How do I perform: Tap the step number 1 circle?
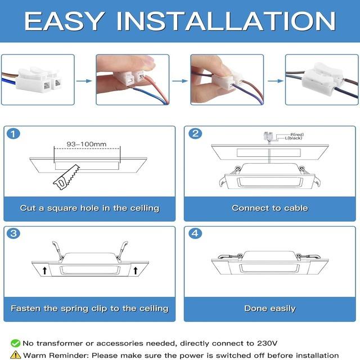pyautogui.click(x=13, y=134)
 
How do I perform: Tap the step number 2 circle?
pyautogui.click(x=195, y=134)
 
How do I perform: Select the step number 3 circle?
pyautogui.click(x=13, y=233)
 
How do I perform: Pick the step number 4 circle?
pyautogui.click(x=195, y=233)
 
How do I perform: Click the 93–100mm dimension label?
pyautogui.click(x=86, y=144)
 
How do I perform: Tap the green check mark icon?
pyautogui.click(x=15, y=343)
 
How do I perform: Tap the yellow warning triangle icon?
pyautogui.click(x=15, y=354)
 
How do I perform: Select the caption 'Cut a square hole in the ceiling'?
pyautogui.click(x=89, y=208)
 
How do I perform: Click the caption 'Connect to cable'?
pyautogui.click(x=270, y=208)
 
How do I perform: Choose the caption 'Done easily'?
pyautogui.click(x=270, y=308)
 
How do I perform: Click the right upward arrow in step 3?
pyautogui.click(x=136, y=271)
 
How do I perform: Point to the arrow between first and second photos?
pyautogui.click(x=84, y=80)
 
